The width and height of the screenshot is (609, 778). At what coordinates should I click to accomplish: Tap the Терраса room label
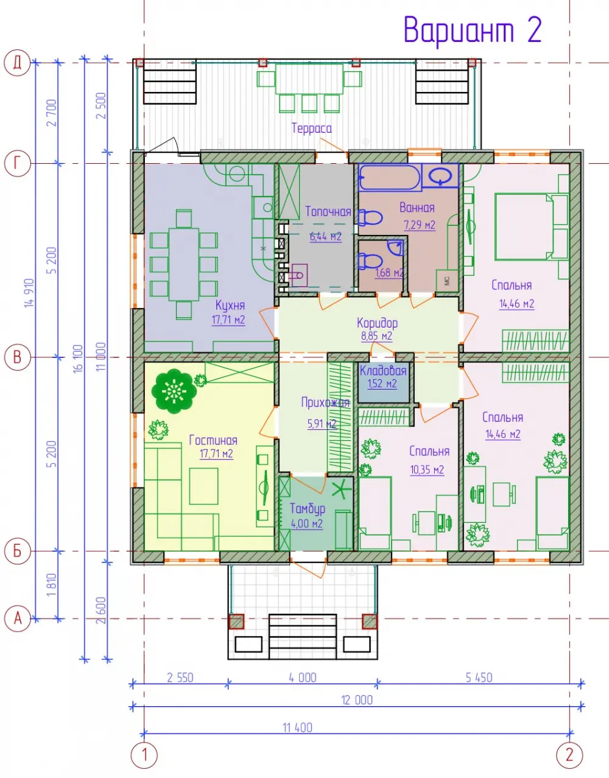pyautogui.click(x=311, y=128)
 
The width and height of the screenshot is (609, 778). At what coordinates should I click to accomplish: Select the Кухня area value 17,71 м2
pyautogui.click(x=228, y=320)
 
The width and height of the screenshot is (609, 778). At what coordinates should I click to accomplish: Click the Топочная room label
pyautogui.click(x=328, y=212)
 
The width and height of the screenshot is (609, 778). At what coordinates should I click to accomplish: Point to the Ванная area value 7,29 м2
pyautogui.click(x=420, y=225)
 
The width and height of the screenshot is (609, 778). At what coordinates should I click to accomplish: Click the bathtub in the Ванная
pyautogui.click(x=389, y=177)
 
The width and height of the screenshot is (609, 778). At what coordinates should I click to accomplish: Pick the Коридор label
pyautogui.click(x=377, y=323)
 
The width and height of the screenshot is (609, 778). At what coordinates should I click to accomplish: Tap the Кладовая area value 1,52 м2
pyautogui.click(x=382, y=384)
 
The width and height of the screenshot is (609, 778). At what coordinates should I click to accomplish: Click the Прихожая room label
pyautogui.click(x=325, y=402)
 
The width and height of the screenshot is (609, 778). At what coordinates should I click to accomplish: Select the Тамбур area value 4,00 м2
pyautogui.click(x=307, y=524)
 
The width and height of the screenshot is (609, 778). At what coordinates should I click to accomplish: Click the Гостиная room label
pyautogui.click(x=213, y=440)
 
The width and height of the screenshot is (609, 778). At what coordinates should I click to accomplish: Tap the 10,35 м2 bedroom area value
pyautogui.click(x=427, y=469)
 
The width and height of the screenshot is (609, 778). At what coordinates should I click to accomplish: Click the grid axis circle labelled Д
pyautogui.click(x=17, y=63)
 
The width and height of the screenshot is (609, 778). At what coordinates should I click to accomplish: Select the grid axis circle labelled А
pyautogui.click(x=17, y=619)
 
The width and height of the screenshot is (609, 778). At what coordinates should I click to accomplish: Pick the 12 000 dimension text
pyautogui.click(x=357, y=699)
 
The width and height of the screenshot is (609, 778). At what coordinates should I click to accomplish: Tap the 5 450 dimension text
pyautogui.click(x=479, y=677)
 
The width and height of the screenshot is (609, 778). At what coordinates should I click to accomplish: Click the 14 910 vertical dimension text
pyautogui.click(x=29, y=293)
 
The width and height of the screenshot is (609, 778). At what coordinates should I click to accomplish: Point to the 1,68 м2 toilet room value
pyautogui.click(x=389, y=273)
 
